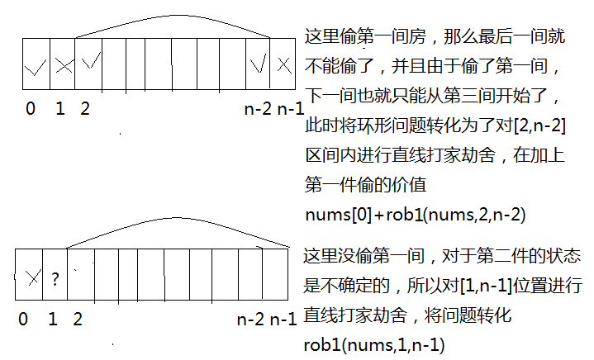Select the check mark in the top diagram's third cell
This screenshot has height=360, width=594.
90,62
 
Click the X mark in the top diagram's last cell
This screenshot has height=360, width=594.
283,64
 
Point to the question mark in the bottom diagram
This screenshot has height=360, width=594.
55,278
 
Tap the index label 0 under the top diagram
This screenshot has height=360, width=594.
31,108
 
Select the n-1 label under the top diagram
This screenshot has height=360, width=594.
290,108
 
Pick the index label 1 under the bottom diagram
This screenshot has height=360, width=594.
53,318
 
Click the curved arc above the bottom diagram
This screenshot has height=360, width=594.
173,224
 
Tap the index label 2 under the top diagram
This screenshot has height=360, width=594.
85,108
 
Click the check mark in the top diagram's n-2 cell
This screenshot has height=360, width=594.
259,63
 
